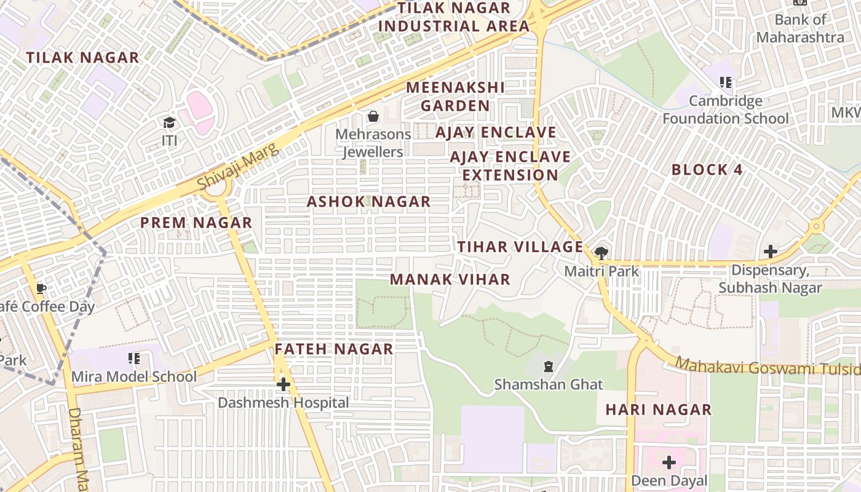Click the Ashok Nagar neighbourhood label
point(368,202)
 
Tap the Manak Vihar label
point(450,279)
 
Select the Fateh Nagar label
point(333,349)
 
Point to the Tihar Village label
point(520,247)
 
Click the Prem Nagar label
point(196,223)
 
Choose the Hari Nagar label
point(658,409)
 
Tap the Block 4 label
point(707,170)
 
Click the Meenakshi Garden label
point(455,97)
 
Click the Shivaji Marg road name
point(234,165)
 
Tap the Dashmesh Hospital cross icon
point(283,385)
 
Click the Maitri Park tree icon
point(601,252)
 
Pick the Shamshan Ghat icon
point(548,367)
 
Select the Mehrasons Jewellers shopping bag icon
point(373,116)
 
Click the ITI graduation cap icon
point(169,123)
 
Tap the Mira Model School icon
point(133,359)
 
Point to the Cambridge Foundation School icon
point(726,82)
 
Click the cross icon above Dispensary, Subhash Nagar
point(770,252)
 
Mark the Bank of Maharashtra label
point(800,28)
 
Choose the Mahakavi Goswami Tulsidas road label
point(769,367)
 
